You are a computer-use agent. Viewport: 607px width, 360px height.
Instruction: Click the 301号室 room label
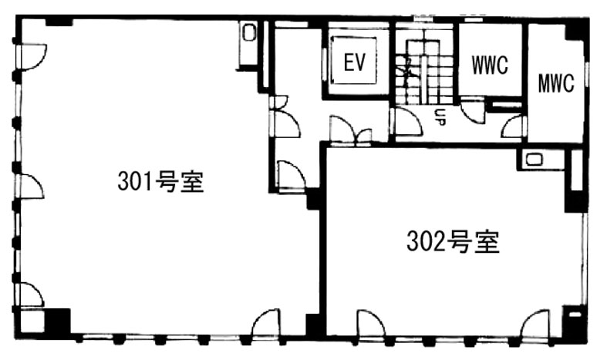click(x=160, y=182)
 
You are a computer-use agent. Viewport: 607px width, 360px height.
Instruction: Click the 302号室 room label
click(x=453, y=241)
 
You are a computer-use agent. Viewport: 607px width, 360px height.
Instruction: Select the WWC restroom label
click(x=490, y=65)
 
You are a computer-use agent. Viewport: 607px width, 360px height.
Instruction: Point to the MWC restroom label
click(x=556, y=82)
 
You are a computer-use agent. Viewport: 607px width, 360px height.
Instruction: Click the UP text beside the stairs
click(x=440, y=117)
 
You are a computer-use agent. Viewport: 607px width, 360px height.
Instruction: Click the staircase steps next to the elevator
click(x=424, y=72)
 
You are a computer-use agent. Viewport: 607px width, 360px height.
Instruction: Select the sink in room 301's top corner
click(x=248, y=33)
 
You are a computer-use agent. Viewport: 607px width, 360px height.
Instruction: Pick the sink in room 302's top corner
click(x=534, y=160)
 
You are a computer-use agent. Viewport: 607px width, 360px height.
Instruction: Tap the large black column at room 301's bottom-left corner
click(x=57, y=321)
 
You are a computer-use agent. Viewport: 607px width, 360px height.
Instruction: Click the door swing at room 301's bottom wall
click(x=265, y=322)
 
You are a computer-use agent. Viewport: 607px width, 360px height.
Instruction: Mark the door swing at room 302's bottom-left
click(x=371, y=323)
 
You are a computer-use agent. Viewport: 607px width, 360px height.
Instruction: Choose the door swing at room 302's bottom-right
click(x=535, y=323)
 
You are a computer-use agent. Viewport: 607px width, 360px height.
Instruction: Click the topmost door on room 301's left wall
click(x=33, y=57)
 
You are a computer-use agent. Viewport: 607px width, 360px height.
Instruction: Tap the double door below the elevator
click(x=351, y=130)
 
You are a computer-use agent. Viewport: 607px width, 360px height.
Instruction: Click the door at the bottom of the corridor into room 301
click(x=292, y=175)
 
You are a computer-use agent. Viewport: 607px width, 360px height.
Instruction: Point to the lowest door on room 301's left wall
click(x=32, y=295)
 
